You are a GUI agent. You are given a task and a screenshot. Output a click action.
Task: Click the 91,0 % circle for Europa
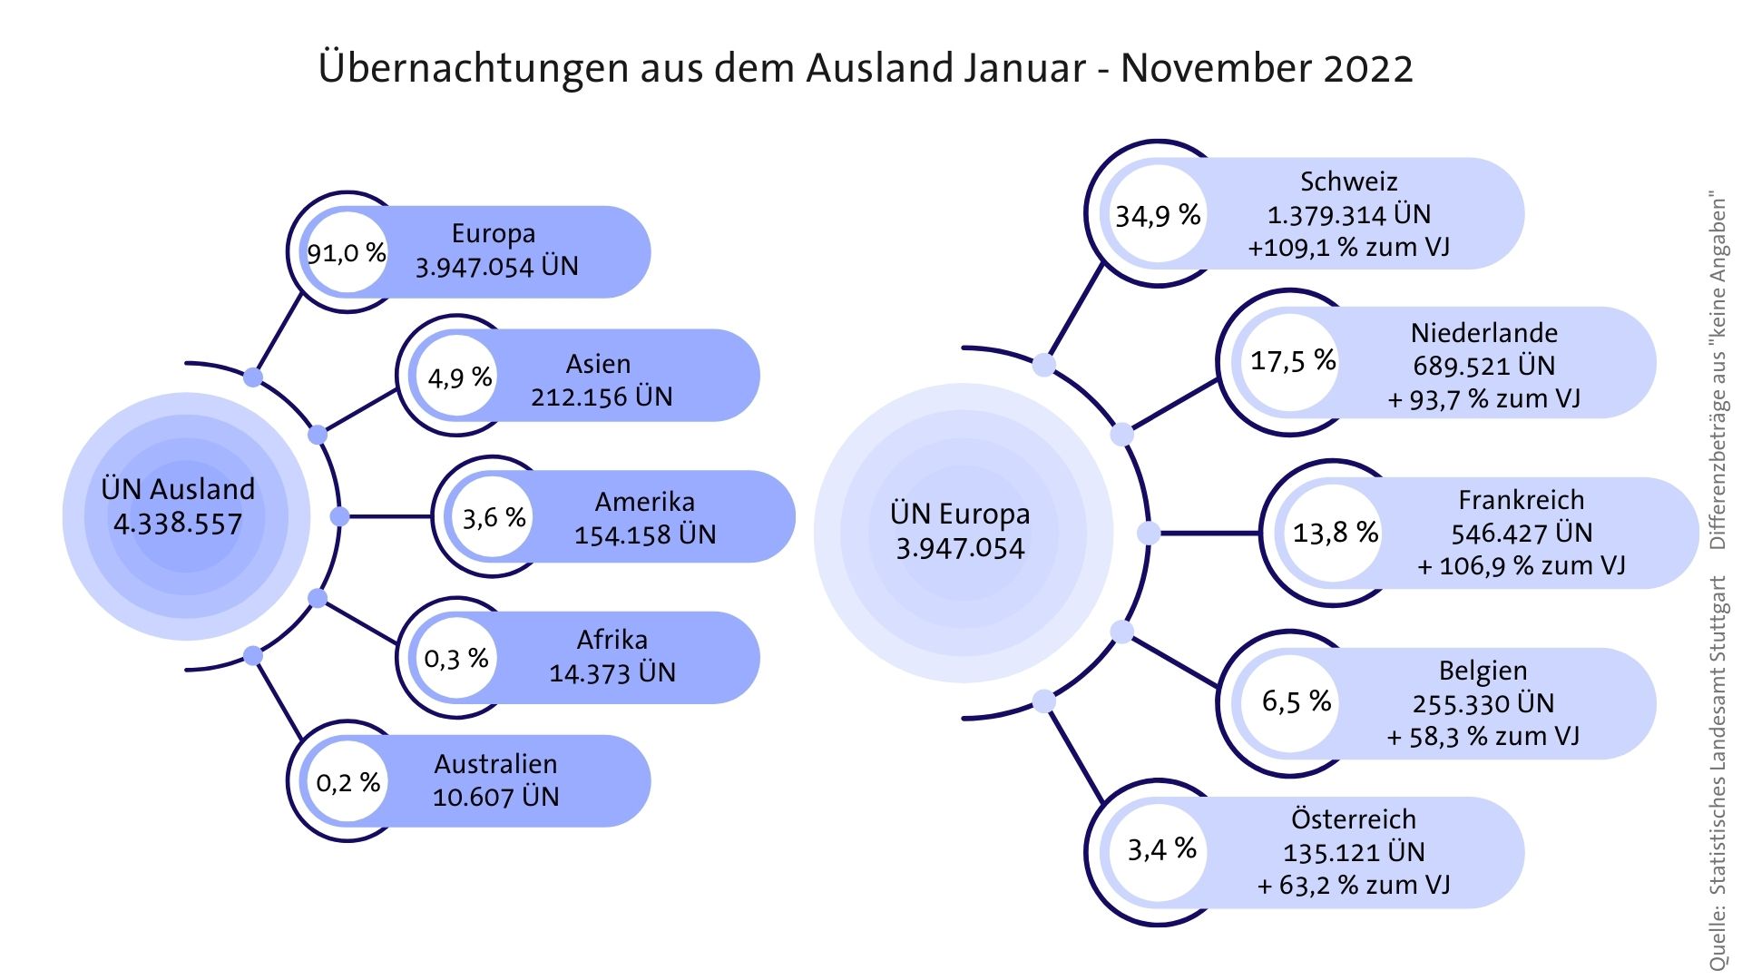click(347, 253)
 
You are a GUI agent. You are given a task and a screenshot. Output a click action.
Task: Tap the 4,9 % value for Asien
click(459, 377)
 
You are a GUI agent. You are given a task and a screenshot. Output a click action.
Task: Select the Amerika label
click(644, 502)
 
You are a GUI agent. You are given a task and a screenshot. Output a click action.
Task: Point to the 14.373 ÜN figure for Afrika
click(612, 672)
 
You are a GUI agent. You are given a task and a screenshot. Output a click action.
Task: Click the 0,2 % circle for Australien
click(347, 782)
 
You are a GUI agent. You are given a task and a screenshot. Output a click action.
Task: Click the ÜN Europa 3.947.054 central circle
click(960, 531)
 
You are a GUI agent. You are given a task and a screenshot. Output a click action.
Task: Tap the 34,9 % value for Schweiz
click(1158, 216)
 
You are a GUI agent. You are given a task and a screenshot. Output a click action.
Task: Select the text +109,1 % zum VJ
click(1348, 248)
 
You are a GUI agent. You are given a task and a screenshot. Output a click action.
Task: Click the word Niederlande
click(1483, 333)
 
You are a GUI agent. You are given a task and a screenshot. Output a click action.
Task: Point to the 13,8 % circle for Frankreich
click(1335, 533)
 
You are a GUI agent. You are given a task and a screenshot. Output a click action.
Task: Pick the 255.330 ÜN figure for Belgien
click(1483, 703)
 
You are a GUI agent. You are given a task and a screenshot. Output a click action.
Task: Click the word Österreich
click(1353, 819)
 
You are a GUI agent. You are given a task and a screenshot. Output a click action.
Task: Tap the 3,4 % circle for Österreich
click(1161, 849)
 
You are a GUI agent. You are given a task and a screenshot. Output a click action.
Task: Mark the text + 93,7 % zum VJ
click(1483, 399)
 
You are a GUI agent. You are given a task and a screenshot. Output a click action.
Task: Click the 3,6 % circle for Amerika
click(494, 518)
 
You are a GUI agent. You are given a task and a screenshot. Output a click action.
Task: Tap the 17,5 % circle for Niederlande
click(1292, 361)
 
